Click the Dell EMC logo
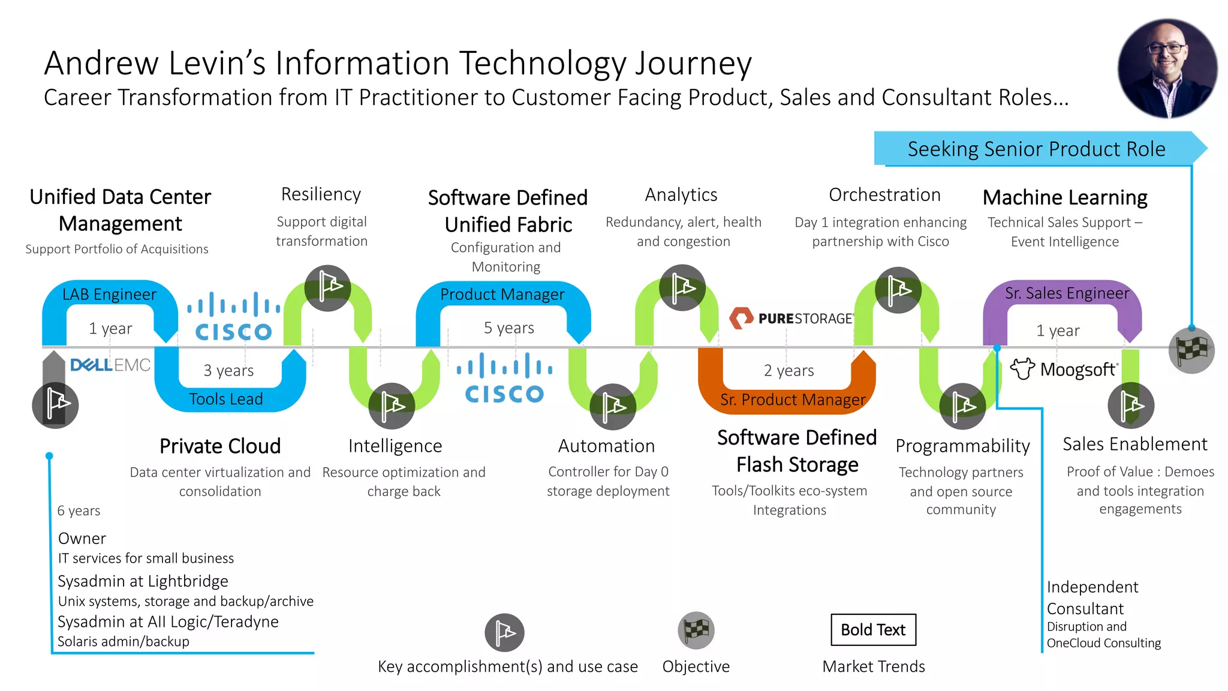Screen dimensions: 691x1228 point(110,365)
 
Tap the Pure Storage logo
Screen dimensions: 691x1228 point(791,318)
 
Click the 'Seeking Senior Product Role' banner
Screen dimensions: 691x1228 point(1036,149)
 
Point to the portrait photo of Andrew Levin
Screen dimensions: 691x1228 point(1167,68)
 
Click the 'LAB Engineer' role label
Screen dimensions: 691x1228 point(109,295)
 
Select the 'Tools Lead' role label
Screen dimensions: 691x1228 point(226,399)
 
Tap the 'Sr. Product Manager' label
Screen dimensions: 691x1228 point(793,399)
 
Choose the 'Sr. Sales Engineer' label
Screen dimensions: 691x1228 point(1067,293)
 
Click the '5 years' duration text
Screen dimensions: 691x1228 point(508,328)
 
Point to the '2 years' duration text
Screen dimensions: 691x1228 point(788,371)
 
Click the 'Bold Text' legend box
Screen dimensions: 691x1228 point(873,630)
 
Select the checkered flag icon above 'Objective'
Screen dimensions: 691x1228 point(696,630)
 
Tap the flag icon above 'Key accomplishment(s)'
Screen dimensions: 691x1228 point(504,632)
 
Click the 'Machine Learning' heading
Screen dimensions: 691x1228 point(1065,197)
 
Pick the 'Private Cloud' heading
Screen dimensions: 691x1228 point(220,446)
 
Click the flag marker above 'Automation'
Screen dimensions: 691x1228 point(612,407)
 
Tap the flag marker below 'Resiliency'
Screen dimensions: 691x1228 point(327,288)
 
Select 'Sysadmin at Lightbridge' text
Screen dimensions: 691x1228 point(143,581)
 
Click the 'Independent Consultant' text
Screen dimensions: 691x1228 point(1092,597)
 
